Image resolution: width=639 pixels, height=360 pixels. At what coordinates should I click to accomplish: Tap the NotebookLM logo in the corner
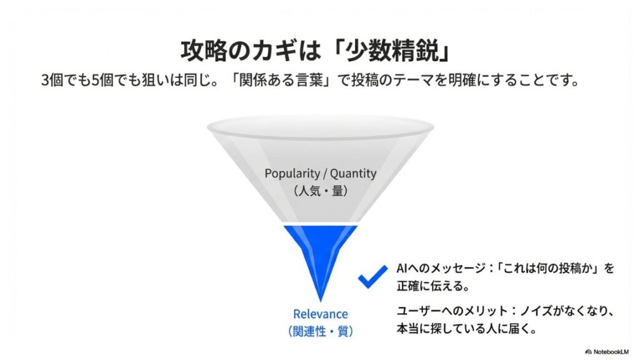607,352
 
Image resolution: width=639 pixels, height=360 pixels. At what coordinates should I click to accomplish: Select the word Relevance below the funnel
320,314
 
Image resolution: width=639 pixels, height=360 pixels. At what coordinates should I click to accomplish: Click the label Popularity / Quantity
320,173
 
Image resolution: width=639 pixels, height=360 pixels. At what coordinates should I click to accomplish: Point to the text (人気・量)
320,191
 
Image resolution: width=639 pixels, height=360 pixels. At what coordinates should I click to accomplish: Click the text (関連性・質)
320,331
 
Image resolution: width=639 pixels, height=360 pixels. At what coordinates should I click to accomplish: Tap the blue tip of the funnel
320,299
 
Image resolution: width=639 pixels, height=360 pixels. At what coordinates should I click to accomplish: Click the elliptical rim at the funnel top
320,117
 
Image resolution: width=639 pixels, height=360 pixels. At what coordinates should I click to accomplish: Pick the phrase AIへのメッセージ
441,268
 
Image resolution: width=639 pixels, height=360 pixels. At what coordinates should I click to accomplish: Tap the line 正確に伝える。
434,286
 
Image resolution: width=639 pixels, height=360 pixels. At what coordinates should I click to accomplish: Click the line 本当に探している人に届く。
467,329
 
